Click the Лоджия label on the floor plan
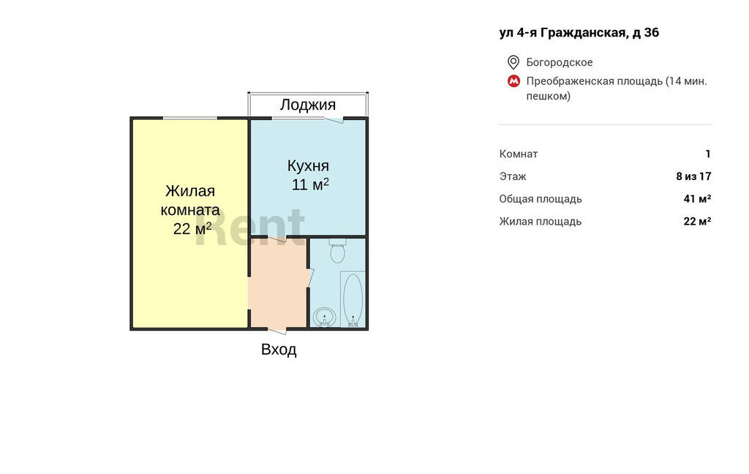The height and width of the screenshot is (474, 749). (308, 105)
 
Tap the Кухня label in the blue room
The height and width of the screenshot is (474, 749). (308, 166)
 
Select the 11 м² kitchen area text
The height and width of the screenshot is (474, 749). (310, 184)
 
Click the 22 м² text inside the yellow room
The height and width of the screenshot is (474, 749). (192, 229)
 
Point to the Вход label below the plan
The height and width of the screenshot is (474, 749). (279, 350)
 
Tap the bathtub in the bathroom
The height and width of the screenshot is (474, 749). (353, 299)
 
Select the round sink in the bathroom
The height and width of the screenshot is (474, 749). (324, 317)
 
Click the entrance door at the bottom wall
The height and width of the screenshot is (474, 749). (277, 330)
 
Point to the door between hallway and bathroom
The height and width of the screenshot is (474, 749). (309, 279)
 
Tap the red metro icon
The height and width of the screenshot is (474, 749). (513, 81)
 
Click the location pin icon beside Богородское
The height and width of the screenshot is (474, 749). (513, 62)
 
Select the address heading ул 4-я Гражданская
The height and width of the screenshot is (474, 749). (579, 32)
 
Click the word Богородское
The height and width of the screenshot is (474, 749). (560, 62)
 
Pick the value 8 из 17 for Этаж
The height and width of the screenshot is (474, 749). (693, 176)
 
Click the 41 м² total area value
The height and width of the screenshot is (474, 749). (697, 199)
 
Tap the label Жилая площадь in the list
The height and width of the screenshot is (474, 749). (541, 221)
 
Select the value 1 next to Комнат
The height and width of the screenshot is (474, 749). (708, 154)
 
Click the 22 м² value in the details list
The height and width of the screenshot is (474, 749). (697, 221)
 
